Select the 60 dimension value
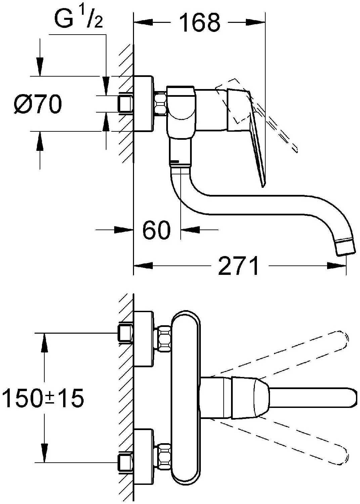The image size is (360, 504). point(156,230)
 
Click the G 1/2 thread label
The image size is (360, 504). point(78,19)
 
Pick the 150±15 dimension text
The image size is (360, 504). point(43,398)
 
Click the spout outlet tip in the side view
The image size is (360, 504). point(346,247)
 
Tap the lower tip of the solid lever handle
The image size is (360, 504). point(263,183)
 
